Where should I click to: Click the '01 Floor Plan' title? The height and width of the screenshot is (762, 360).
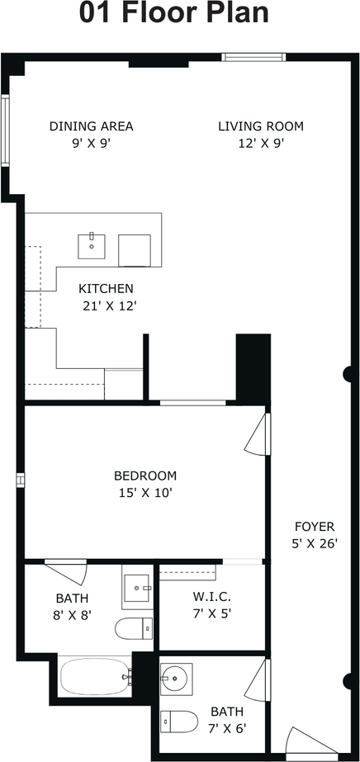(x=174, y=13)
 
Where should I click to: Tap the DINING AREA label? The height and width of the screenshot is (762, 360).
(x=92, y=126)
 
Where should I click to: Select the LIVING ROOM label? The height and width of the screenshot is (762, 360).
(x=261, y=126)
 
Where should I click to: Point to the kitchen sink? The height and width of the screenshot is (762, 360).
(x=92, y=246)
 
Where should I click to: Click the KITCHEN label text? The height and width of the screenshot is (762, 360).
(x=106, y=289)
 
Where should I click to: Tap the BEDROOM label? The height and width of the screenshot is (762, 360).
(x=145, y=476)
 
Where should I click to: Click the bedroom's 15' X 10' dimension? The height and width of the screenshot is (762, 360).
(x=146, y=493)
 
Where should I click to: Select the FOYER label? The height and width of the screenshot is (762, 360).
(x=315, y=527)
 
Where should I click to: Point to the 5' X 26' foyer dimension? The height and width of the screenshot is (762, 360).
(x=315, y=544)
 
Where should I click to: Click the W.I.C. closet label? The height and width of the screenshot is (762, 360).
(x=212, y=596)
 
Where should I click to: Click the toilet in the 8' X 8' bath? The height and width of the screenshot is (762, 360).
(x=134, y=629)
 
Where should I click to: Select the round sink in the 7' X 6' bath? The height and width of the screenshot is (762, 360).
(x=177, y=676)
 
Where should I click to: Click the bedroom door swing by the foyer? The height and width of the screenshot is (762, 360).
(x=258, y=434)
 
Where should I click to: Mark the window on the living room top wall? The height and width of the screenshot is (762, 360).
(x=253, y=57)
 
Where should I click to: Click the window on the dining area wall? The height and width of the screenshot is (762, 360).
(x=5, y=130)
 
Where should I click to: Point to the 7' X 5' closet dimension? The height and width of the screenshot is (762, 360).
(x=211, y=613)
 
